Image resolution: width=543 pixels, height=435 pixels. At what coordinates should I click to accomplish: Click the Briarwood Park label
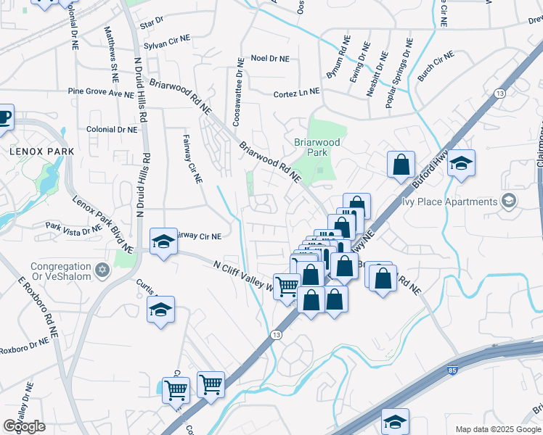click(316, 147)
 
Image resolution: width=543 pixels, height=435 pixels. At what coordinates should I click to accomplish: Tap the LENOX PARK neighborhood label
click(42, 151)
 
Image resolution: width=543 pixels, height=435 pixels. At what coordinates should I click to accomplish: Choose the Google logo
click(24, 426)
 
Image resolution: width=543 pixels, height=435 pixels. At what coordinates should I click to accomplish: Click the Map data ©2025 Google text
click(497, 429)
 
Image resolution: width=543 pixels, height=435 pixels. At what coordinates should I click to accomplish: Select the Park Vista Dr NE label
click(73, 228)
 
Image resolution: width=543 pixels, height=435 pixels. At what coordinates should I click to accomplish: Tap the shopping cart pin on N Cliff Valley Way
click(286, 286)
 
